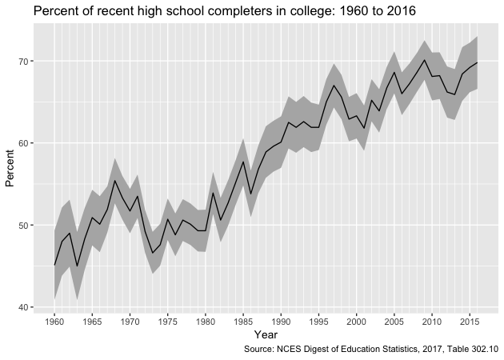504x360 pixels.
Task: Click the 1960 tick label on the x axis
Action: [x=54, y=322]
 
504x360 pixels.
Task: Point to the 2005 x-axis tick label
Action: [x=394, y=322]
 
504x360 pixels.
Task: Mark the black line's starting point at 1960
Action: [x=54, y=265]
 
